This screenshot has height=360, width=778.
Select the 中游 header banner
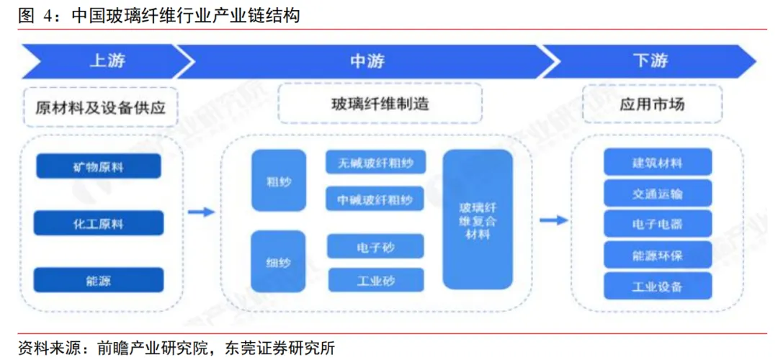click(367, 61)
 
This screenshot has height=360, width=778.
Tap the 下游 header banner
click(650, 61)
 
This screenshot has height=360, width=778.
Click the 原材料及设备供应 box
click(100, 107)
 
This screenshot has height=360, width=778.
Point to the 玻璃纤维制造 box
click(380, 104)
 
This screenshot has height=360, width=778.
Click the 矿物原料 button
click(98, 166)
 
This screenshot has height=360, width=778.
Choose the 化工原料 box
click(98, 223)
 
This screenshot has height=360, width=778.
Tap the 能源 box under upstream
click(98, 280)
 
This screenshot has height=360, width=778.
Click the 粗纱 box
click(279, 181)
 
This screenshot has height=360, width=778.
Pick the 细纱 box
click(279, 261)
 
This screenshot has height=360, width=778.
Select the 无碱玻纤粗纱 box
click(375, 163)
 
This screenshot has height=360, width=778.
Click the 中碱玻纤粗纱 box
click(375, 199)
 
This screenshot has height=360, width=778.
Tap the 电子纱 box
click(375, 247)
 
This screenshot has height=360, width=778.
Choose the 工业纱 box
click(375, 280)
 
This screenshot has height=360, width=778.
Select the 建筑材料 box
click(657, 163)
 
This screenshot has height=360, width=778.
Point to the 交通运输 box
click(657, 194)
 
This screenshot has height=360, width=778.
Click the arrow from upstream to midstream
click(201, 212)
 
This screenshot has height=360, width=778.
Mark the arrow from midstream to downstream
click(553, 220)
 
